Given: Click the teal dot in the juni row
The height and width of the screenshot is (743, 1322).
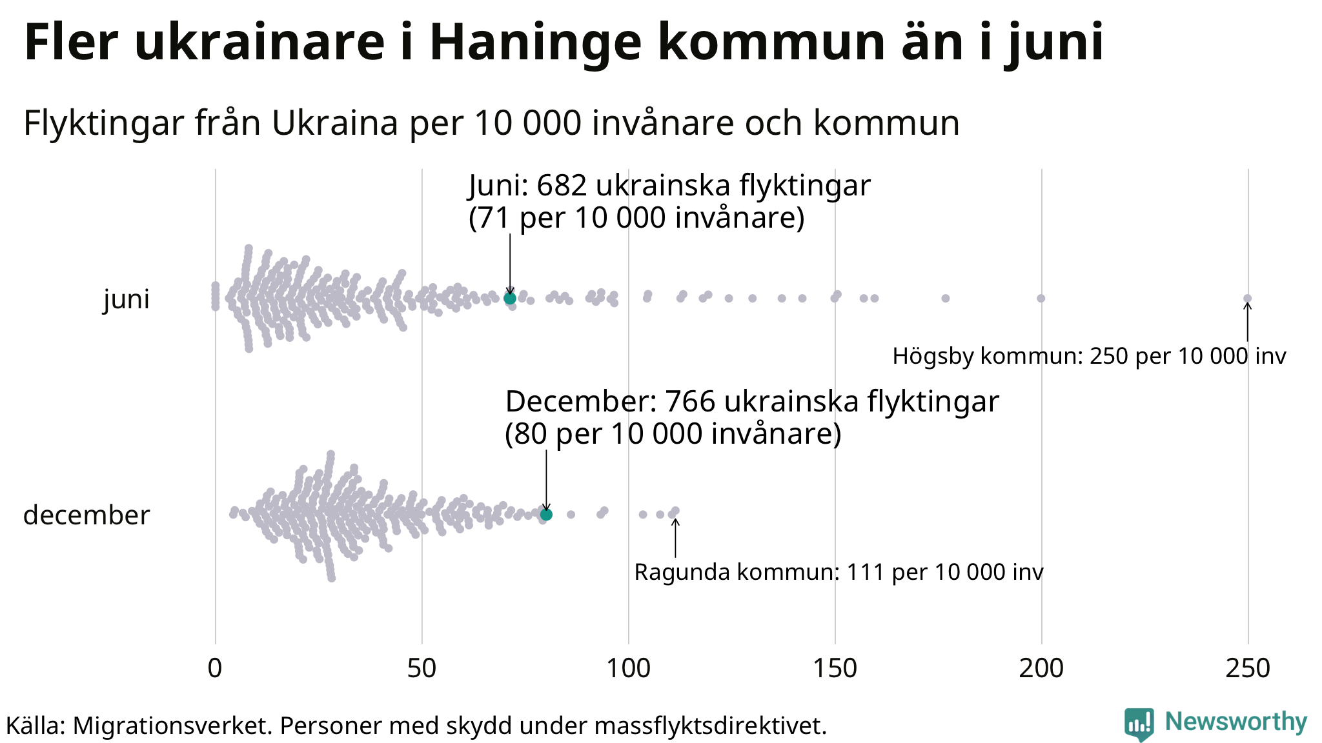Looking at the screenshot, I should click(510, 298).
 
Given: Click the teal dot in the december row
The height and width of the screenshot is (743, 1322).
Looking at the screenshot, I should click(546, 514).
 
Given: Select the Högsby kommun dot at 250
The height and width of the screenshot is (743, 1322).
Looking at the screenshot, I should click(1247, 298).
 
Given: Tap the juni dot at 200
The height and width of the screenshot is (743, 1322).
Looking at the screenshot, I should click(1041, 298).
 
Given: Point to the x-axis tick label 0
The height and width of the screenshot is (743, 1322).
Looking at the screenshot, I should click(215, 669).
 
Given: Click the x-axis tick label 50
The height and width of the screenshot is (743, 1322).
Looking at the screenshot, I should click(422, 669).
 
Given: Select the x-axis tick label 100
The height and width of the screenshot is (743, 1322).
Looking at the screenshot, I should click(628, 669).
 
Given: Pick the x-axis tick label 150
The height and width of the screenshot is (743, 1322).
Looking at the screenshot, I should click(835, 669).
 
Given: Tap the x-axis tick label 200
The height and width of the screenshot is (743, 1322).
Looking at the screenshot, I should click(1041, 669).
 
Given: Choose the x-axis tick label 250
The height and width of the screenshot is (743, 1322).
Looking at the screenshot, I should click(1248, 669).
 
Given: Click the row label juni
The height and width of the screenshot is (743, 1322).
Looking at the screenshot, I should click(127, 299).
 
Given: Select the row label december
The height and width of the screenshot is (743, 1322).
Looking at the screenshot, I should click(86, 515).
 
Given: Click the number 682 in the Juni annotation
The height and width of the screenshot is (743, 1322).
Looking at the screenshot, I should click(562, 186).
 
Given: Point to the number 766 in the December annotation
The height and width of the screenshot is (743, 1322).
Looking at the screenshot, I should click(690, 402).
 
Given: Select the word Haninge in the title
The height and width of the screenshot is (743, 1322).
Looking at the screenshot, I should click(534, 42).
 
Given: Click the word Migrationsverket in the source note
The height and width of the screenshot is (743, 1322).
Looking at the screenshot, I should click(172, 726).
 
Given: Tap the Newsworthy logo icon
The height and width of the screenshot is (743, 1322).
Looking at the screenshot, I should click(1139, 724).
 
